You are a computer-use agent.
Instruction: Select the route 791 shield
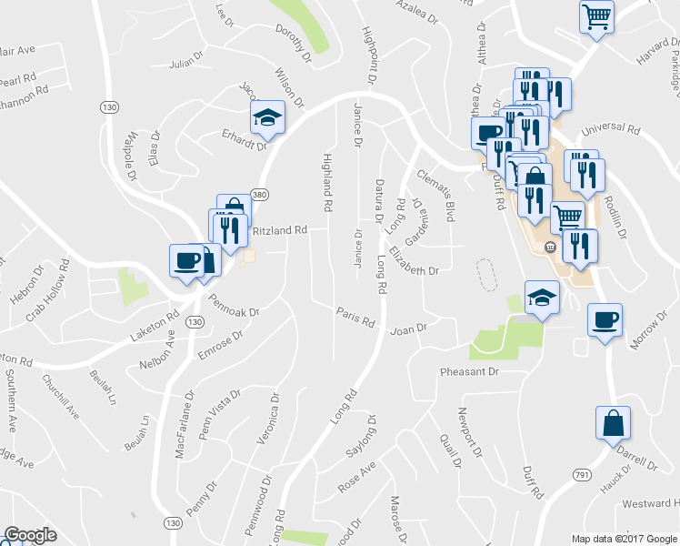(583, 476)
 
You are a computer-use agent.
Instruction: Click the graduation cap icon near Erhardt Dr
(268, 117)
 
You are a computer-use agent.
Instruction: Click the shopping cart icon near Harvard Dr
(597, 15)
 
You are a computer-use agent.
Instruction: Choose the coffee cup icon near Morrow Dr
(605, 319)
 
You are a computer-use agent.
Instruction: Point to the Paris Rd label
(355, 317)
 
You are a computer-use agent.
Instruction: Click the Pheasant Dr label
(470, 372)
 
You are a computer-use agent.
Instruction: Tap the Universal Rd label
(603, 130)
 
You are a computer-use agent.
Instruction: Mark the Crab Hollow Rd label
(47, 290)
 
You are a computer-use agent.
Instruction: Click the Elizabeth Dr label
(414, 259)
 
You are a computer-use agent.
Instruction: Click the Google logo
(30, 535)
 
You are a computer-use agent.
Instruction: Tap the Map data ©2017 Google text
(625, 539)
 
